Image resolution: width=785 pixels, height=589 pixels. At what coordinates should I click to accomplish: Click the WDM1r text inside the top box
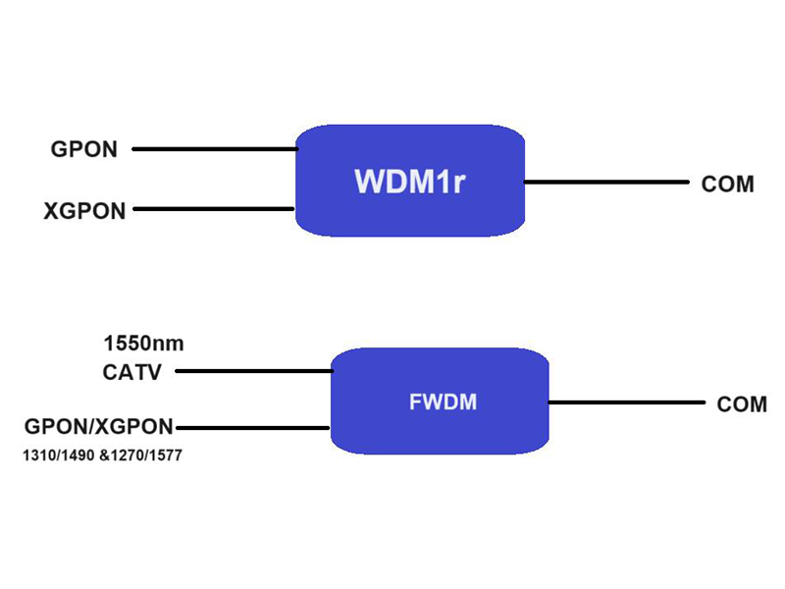pos(408,183)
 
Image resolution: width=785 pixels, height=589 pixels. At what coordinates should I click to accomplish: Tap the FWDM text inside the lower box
pos(442,402)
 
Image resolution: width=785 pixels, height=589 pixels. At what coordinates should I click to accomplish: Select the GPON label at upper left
pos(84,150)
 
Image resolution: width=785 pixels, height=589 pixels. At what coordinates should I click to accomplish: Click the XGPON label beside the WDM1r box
pos(84,210)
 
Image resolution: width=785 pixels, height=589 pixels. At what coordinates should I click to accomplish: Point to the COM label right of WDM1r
pos(727,184)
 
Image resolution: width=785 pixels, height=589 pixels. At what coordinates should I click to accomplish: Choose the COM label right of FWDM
pos(742,404)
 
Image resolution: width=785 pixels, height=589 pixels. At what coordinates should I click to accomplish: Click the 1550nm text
pos(143,345)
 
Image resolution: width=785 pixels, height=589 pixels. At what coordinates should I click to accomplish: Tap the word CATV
pos(131,372)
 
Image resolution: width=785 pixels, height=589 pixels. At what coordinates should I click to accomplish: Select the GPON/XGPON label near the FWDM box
pos(98,427)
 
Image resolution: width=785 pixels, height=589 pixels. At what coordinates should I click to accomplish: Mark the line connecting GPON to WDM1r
pos(214,149)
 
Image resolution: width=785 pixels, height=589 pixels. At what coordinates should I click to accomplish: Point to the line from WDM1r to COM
pos(606,182)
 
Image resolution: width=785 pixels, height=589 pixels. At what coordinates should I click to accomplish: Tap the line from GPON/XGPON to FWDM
pos(251,427)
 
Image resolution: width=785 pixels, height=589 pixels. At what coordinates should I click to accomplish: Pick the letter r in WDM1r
pos(456,185)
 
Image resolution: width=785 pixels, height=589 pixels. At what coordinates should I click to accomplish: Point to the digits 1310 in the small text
pos(35,455)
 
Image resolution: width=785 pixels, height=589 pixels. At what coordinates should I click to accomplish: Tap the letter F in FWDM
pos(413,402)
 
